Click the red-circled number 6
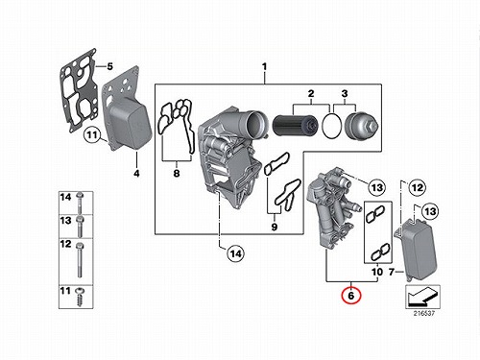click(351, 296)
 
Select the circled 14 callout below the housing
click(236, 253)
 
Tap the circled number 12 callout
click(418, 187)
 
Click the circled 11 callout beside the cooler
click(92, 134)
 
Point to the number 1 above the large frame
click(264, 67)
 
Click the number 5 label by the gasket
click(109, 66)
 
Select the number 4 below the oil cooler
click(136, 174)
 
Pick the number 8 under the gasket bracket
click(177, 174)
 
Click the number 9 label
click(275, 227)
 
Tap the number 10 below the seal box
click(377, 272)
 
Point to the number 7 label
click(392, 272)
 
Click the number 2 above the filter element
click(311, 94)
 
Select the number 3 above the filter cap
click(345, 94)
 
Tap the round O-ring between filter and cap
click(332, 126)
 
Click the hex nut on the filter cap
click(374, 126)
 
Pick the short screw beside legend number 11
click(79, 297)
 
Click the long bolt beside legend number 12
click(80, 260)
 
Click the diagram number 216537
click(424, 313)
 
